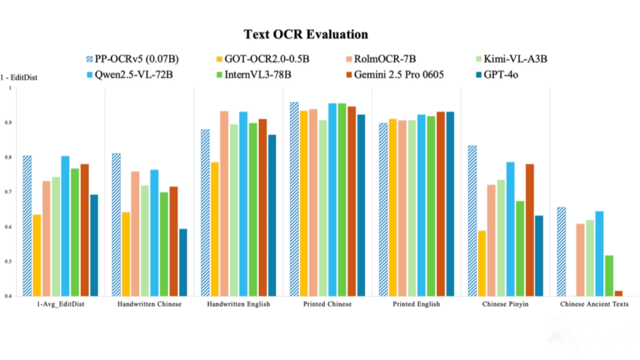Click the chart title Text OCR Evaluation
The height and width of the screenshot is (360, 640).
coord(306,35)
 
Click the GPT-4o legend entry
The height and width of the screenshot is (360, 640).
coord(499,74)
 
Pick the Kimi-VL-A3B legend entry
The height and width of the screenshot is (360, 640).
coord(510,59)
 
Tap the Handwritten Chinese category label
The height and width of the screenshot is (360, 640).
coord(149,304)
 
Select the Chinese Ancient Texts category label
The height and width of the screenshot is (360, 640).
coord(594,304)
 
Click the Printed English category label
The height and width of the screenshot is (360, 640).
coord(417,304)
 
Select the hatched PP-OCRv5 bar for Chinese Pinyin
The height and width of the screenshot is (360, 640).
coord(472,221)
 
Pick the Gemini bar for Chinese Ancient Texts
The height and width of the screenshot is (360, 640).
coord(618,293)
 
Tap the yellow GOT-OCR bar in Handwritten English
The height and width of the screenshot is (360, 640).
coord(214,229)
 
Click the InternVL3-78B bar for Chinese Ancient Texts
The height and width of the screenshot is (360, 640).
coord(609,276)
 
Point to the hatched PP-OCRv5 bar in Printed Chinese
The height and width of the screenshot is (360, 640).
coord(294,199)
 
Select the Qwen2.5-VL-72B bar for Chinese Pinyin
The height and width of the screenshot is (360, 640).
coord(510,229)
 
